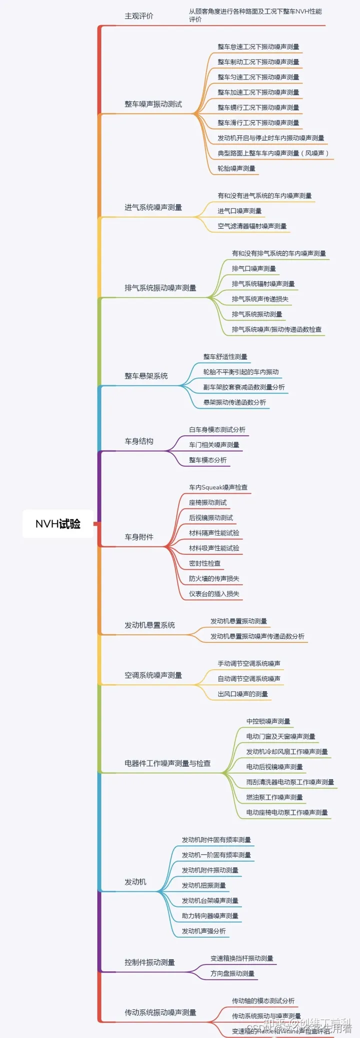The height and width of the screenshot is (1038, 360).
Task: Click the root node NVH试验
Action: point(58,524)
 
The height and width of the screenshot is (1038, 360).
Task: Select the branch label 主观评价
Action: point(139,16)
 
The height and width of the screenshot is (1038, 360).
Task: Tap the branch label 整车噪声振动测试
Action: point(153,104)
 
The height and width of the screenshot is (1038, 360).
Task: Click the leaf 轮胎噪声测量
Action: point(236,169)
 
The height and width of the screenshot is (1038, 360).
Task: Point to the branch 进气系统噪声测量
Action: point(153,208)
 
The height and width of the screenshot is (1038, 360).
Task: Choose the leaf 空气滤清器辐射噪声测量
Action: point(252,226)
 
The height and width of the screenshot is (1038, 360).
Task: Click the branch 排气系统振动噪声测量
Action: point(160,288)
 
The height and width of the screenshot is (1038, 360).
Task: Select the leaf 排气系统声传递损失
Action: point(260,299)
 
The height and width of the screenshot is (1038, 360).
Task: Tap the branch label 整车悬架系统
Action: point(146,376)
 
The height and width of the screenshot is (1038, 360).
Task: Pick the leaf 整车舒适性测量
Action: point(225,357)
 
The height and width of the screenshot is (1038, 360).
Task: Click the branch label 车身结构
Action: point(139,441)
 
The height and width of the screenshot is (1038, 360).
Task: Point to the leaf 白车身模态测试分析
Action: point(217,430)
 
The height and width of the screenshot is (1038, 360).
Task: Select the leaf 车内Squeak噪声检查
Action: point(218,487)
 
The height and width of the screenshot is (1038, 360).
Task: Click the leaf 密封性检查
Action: point(204,563)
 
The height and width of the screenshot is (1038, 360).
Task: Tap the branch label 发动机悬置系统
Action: point(149,625)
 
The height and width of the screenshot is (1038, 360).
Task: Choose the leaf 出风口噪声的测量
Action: point(242,694)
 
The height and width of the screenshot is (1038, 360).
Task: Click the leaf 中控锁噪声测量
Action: point(268,721)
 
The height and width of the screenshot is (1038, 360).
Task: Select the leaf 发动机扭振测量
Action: point(203,885)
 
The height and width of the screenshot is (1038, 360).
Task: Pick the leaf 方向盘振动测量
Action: point(232,973)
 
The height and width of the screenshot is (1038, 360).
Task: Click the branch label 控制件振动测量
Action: point(149,962)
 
